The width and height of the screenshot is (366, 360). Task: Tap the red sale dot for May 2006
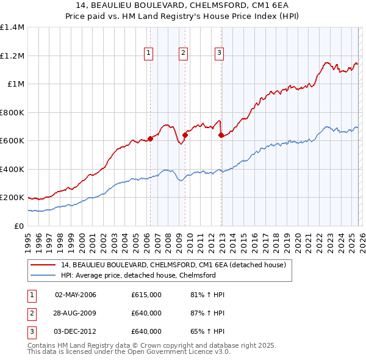(150, 139)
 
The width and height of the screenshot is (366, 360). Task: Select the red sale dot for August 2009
(185, 135)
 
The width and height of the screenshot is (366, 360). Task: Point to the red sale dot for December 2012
(221, 135)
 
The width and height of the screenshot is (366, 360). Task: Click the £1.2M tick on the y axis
(12, 56)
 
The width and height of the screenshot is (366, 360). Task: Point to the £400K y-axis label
(12, 169)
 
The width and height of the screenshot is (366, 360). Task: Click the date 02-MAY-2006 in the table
(76, 295)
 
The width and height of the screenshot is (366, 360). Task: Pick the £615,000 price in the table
(146, 295)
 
